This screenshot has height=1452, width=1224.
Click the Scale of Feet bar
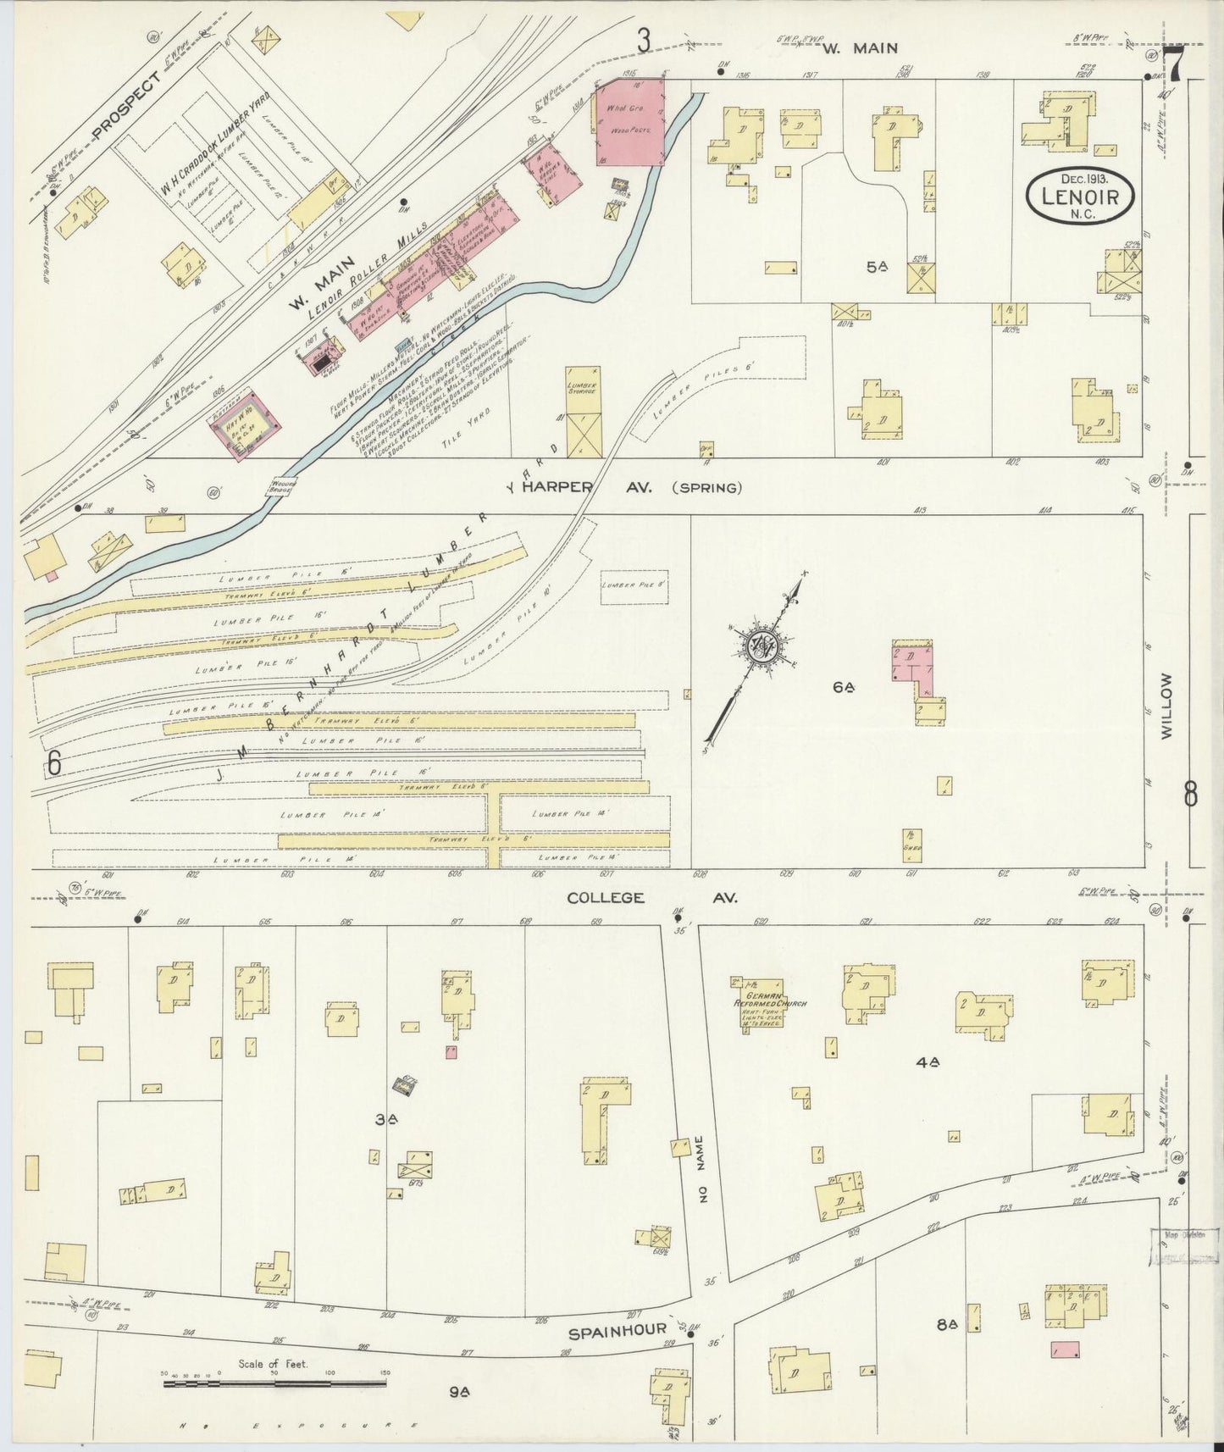275,1384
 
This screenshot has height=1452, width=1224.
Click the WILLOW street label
1168,707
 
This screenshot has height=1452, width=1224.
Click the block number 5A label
878,268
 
